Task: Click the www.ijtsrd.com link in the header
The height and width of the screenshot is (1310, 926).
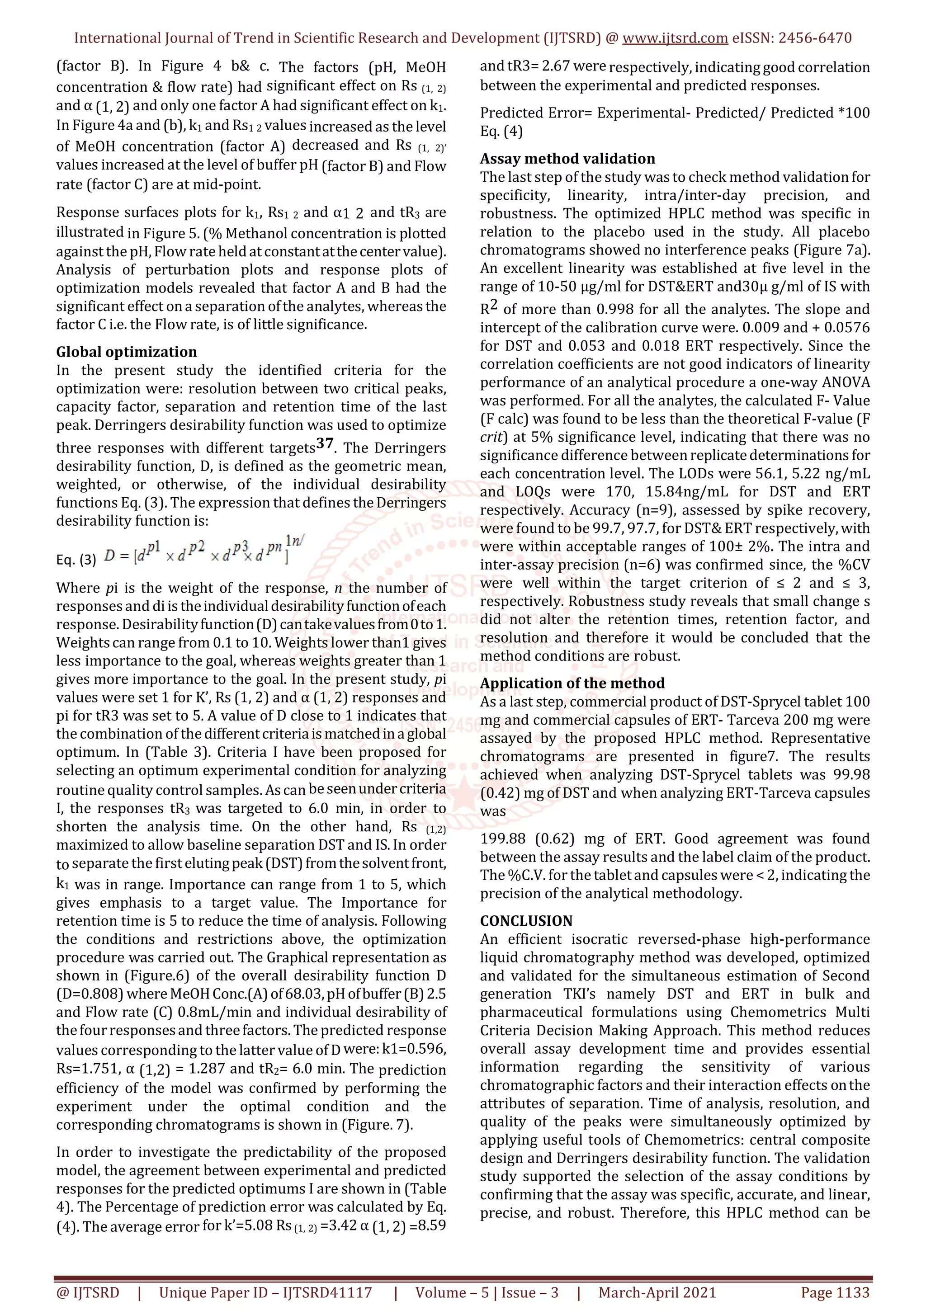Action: (675, 38)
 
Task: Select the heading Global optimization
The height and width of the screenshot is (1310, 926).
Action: (126, 352)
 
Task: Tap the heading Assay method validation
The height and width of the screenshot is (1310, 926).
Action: (567, 159)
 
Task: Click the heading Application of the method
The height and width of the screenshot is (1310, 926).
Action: (572, 683)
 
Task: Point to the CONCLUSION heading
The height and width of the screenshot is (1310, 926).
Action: (526, 920)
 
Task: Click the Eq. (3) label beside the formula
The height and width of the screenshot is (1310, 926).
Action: (76, 560)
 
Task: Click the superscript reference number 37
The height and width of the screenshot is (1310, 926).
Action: (325, 443)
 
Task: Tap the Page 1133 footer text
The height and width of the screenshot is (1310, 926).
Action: (835, 1292)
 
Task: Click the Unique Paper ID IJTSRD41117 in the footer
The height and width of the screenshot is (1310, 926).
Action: (265, 1292)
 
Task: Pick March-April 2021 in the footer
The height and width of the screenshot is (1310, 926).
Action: (657, 1292)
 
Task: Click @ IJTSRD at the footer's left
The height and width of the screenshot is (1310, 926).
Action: (88, 1292)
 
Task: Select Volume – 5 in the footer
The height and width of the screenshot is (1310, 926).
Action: (451, 1292)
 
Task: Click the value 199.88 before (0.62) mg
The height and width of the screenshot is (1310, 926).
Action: (504, 839)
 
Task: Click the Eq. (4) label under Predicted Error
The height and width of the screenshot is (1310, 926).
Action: (501, 131)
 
